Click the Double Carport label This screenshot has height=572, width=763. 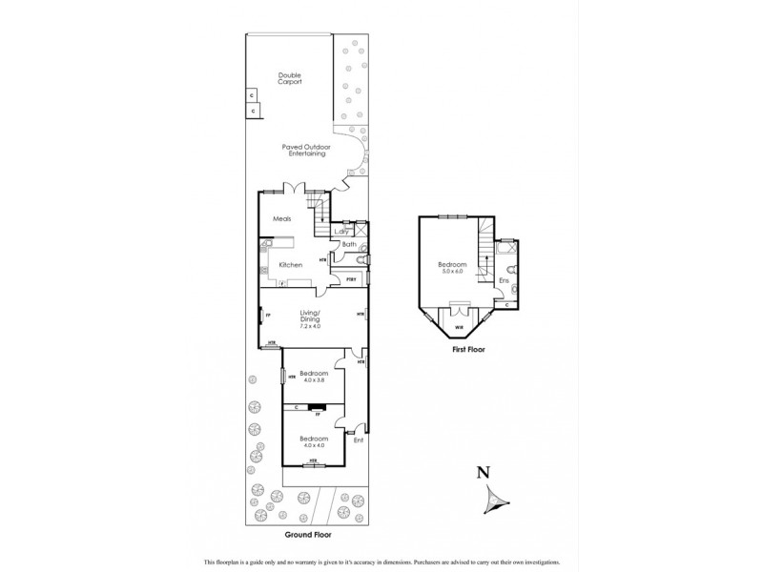tap(290, 79)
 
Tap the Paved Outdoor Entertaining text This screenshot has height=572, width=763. tap(304, 150)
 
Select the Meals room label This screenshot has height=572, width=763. tap(281, 218)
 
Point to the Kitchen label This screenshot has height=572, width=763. tap(290, 264)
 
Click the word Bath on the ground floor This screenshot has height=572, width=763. tap(348, 245)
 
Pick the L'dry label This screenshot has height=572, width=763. tap(341, 230)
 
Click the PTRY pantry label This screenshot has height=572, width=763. tap(352, 279)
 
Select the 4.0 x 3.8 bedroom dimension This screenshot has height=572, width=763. tap(313, 382)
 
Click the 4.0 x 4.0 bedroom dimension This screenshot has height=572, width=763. tap(314, 445)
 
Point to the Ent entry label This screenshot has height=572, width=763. tap(359, 439)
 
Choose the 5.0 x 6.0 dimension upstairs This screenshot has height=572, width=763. tap(452, 272)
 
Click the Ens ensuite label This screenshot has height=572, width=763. tap(504, 280)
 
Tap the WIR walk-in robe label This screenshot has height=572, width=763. tap(459, 329)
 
